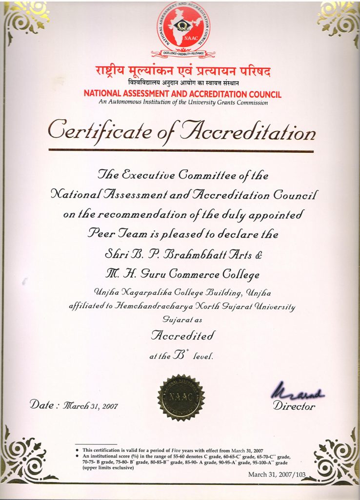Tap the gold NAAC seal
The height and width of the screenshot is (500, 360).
[181, 397]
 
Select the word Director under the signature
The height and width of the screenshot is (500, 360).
[294, 406]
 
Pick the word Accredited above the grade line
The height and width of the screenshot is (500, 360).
[183, 335]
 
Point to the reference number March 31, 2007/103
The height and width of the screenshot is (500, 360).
[277, 474]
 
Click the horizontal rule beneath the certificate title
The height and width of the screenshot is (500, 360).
[181, 151]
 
